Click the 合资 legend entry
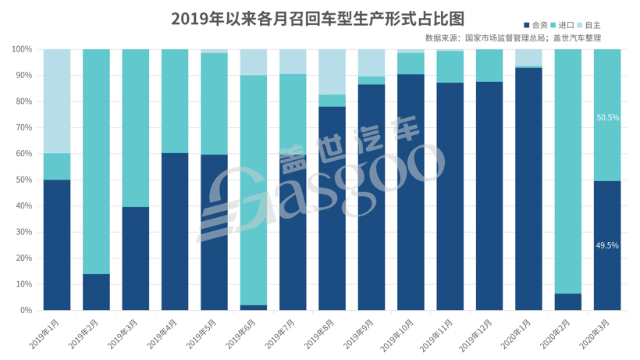[x=535, y=26]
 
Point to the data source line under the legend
[x=513, y=37]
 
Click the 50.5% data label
[x=607, y=118]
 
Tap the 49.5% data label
[x=607, y=245]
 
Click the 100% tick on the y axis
[x=22, y=49]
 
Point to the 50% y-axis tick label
[x=23, y=180]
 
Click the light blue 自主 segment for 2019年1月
[x=57, y=102]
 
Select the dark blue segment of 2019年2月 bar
[x=96, y=292]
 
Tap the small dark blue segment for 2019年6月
[x=254, y=307]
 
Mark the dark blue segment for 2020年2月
[x=567, y=301]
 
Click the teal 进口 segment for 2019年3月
[x=135, y=128]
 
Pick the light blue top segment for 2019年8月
[x=332, y=72]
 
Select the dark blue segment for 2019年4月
[x=175, y=231]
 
